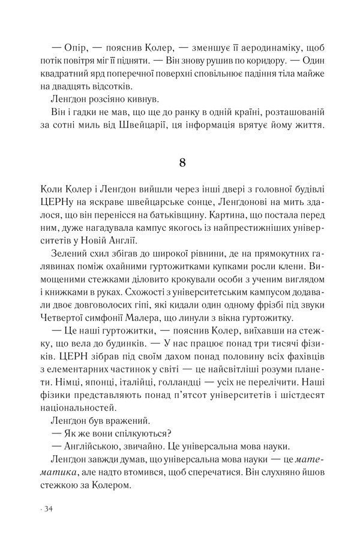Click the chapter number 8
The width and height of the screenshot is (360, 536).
[184, 162]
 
